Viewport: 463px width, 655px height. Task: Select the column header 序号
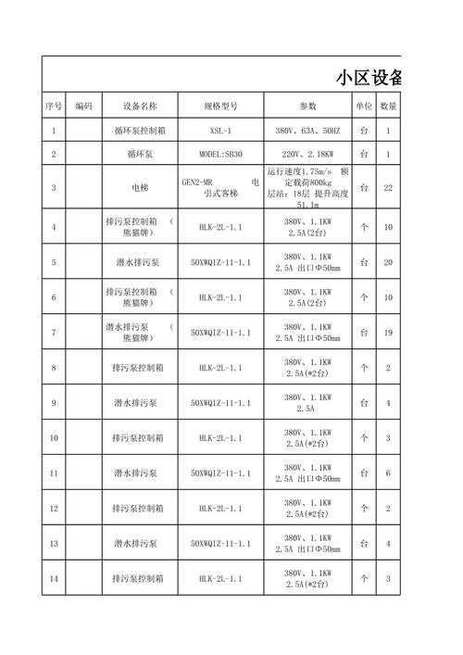54,105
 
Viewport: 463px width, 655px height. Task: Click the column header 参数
307,105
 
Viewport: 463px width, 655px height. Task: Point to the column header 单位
364,105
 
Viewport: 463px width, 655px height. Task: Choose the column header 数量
389,105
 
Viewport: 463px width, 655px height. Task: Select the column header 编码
84,105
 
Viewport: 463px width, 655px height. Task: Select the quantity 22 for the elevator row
389,188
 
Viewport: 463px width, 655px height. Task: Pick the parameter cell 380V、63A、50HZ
307,131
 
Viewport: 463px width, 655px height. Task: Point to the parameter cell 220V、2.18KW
307,154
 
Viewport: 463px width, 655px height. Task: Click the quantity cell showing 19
389,333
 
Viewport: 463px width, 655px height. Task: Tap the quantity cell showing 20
389,262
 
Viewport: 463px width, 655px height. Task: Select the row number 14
54,579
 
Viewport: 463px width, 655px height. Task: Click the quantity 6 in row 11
389,473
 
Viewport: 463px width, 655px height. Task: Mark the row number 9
54,403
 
